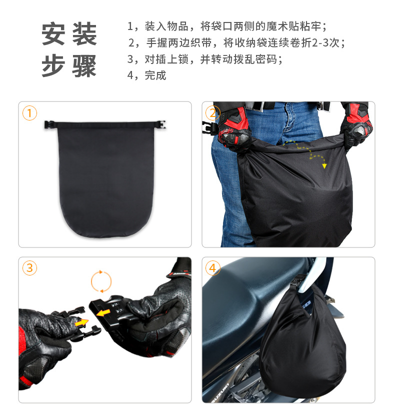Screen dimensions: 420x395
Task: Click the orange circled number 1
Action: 30,113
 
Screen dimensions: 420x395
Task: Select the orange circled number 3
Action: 30,268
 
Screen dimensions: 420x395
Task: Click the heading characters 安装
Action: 69,35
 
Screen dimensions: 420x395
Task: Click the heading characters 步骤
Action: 69,66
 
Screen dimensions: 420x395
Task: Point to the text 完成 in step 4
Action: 155,75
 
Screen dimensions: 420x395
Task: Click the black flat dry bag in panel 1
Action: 105,180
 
